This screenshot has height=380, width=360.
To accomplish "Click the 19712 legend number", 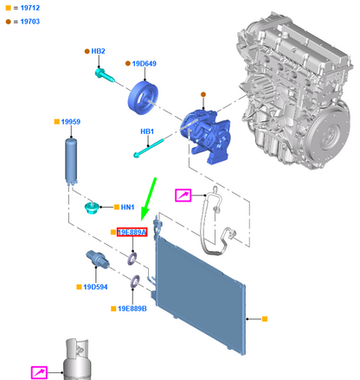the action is point(30,8).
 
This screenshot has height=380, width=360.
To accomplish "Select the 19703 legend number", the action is point(30,22).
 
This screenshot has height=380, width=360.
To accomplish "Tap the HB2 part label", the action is point(98,51).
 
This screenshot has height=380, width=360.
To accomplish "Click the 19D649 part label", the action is point(145,63).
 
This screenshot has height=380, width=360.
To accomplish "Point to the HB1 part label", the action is point(147,132).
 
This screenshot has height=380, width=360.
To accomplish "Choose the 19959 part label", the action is point(71,122).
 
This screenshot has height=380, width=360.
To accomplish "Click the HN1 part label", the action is point(127,207).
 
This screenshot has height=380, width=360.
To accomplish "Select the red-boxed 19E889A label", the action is point(132,232).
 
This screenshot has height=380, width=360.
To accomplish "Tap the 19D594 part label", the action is point(95,287).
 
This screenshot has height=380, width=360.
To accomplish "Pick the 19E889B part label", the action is point(132,309).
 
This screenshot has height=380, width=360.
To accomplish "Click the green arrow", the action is point(149,199).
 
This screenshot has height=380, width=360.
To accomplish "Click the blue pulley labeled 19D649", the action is point(143,98).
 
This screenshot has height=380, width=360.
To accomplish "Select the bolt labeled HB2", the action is point(105,74).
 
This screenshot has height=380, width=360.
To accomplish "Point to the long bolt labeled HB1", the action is point(149,148).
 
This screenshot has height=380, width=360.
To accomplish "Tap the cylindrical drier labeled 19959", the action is point(71,162).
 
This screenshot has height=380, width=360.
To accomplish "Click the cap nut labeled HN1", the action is point(92,208).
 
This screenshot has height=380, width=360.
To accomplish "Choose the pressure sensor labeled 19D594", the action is point(98,259).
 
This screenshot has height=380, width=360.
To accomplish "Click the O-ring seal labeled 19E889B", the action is point(135,281).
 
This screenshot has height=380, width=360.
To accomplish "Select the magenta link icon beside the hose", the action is point(183,196).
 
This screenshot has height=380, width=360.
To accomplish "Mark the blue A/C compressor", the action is point(205,135).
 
